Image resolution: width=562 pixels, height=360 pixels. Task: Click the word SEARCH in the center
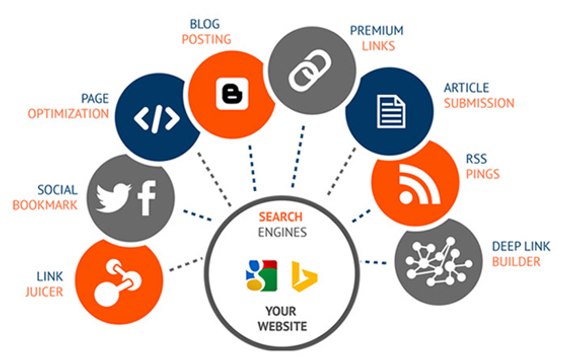[280, 216]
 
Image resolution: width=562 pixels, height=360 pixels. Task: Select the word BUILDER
[515, 262]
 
